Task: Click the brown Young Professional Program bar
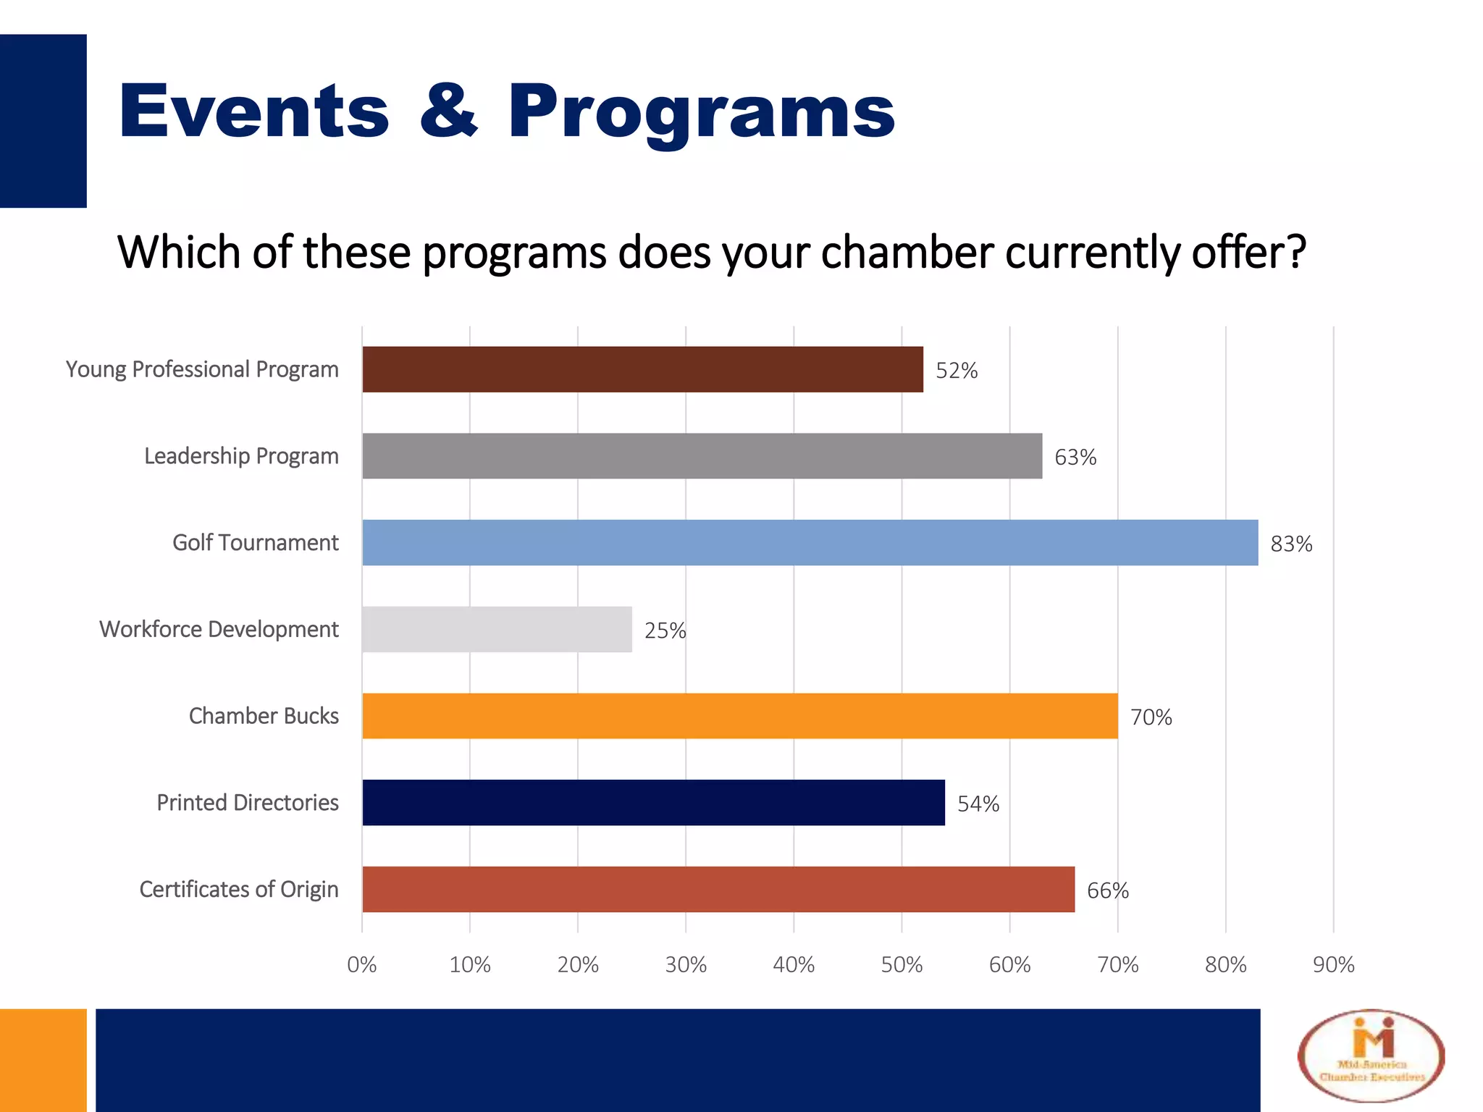[x=642, y=369]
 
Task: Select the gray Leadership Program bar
[x=702, y=456]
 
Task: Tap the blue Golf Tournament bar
[x=810, y=542]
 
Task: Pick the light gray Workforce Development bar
[x=497, y=629]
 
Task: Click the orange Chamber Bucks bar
[x=739, y=716]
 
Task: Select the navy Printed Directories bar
[x=653, y=802]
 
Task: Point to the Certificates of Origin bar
[x=718, y=889]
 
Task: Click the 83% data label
[x=1291, y=544]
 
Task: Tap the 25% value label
[x=665, y=631]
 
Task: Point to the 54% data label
[x=978, y=804]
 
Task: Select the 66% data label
[x=1107, y=890]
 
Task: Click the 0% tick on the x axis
[x=361, y=964]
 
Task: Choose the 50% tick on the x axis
[x=902, y=964]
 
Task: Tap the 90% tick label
[x=1333, y=964]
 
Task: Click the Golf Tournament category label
[x=255, y=542]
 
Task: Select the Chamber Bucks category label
[x=264, y=716]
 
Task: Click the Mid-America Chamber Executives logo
[x=1371, y=1056]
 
